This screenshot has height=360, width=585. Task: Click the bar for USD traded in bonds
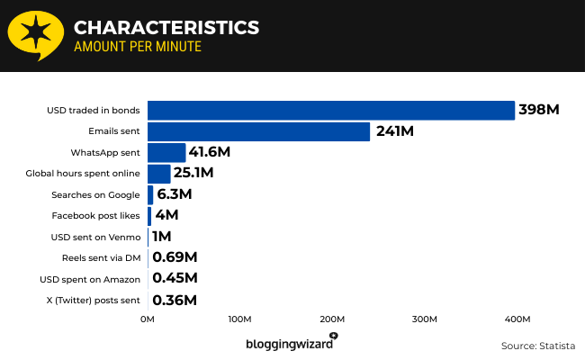pos(330,110)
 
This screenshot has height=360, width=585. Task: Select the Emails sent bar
pos(258,131)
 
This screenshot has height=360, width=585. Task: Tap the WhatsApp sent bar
pos(166,152)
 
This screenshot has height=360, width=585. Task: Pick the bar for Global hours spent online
pos(158,174)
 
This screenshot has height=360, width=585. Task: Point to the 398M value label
pos(539,110)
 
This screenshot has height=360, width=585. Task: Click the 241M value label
pos(394,131)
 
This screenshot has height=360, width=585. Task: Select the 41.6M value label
pos(209,152)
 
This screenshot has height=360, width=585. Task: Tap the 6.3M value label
pos(174,194)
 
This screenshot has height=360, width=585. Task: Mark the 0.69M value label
pos(175,257)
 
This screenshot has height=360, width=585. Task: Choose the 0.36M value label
pos(175,300)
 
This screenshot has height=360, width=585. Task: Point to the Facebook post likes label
pos(96,216)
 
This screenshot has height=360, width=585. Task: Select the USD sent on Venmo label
pos(96,237)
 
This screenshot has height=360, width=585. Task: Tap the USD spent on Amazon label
pos(90,279)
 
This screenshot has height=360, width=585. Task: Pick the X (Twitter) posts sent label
pos(93,300)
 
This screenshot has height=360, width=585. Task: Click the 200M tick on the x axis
pos(332,319)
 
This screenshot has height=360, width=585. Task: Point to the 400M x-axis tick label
pos(517,319)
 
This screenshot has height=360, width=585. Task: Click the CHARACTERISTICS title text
pos(166,27)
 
